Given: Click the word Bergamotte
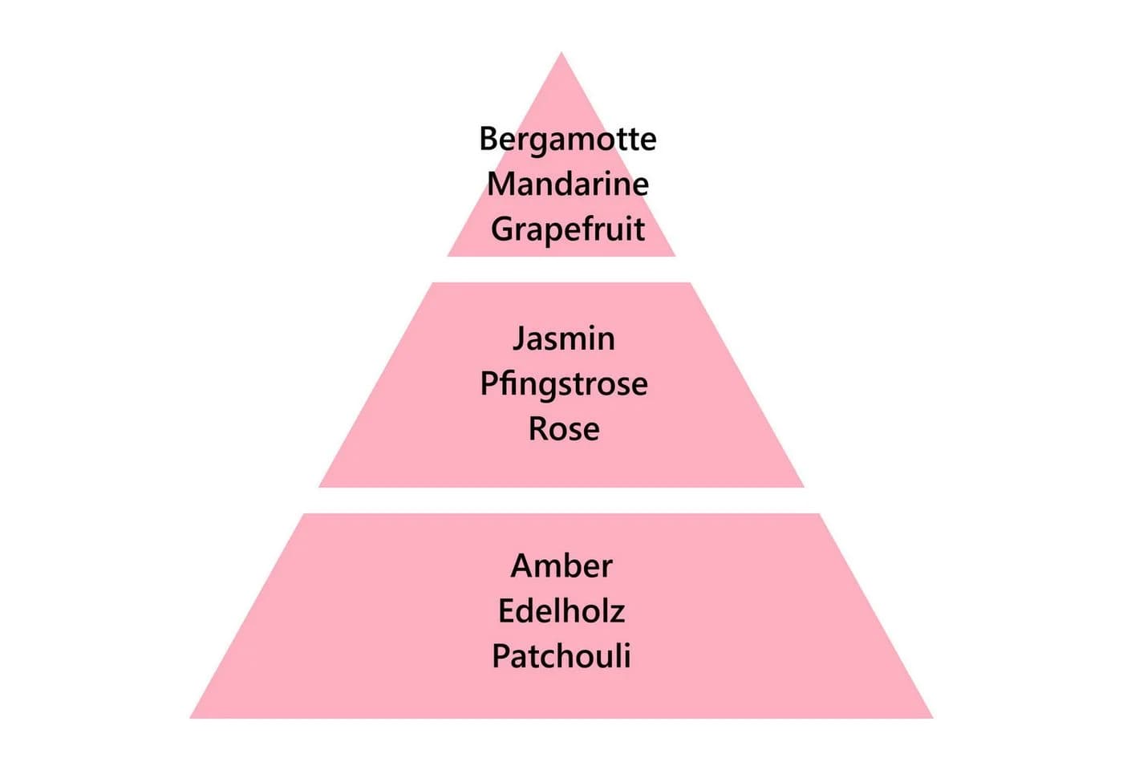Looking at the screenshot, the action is pyautogui.click(x=568, y=140).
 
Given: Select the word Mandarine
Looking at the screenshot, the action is pyautogui.click(x=568, y=184).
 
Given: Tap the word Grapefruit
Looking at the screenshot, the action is pyautogui.click(x=568, y=230).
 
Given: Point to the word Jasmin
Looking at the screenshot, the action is pyautogui.click(x=564, y=338).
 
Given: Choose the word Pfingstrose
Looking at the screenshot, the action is pyautogui.click(x=564, y=385).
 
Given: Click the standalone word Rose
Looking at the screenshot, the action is pyautogui.click(x=564, y=429).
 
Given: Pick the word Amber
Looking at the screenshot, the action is pyautogui.click(x=561, y=566).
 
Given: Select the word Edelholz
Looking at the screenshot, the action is pyautogui.click(x=561, y=611).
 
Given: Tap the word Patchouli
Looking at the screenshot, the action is pyautogui.click(x=561, y=656).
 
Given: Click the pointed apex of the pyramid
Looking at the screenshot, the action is pyautogui.click(x=561, y=52).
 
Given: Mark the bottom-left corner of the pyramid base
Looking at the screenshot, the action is pyautogui.click(x=190, y=718).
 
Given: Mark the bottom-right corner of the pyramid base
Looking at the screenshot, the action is pyautogui.click(x=932, y=718).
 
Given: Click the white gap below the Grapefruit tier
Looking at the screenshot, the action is pyautogui.click(x=561, y=269).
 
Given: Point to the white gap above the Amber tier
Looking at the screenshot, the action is pyautogui.click(x=561, y=500).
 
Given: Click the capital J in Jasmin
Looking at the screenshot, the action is pyautogui.click(x=518, y=341).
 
